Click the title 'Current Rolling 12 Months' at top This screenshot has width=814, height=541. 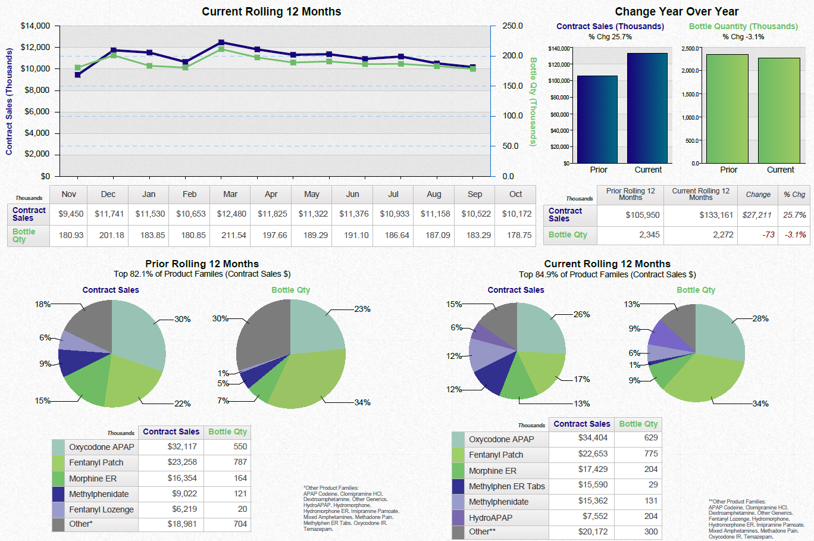271,11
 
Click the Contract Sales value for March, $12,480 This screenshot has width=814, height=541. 231,214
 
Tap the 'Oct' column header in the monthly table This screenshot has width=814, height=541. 515,194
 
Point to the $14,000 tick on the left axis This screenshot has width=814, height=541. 35,26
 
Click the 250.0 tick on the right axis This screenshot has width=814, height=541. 512,26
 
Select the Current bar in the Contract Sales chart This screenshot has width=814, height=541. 647,108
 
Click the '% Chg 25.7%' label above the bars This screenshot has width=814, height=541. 610,37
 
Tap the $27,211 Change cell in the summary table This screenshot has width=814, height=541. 757,215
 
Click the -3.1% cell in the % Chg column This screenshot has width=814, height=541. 795,234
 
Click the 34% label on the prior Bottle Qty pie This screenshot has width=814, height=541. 362,403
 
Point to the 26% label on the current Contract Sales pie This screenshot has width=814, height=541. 581,314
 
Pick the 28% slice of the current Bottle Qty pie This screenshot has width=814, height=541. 719,330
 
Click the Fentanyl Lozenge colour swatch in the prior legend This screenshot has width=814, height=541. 58,509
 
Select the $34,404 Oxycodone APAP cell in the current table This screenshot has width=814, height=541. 592,438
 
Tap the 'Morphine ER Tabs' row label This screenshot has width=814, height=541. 506,486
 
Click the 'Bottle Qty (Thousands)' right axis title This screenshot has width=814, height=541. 533,102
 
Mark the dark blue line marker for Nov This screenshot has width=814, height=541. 78,74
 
